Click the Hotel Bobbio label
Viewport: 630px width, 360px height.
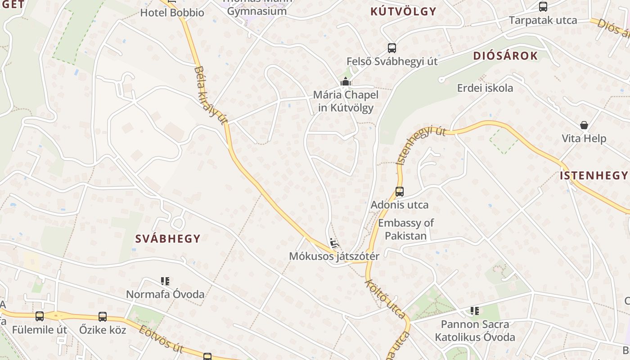172,13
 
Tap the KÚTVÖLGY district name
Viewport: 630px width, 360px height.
403,12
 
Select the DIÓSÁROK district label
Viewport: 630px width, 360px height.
505,56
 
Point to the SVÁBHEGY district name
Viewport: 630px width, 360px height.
168,239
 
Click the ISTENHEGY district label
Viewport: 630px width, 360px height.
594,175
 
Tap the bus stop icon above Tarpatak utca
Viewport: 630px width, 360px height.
543,7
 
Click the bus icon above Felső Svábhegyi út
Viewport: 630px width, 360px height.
392,48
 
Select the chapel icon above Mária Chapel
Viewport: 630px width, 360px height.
346,82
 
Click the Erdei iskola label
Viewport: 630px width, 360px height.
485,88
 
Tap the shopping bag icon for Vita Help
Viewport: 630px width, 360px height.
584,125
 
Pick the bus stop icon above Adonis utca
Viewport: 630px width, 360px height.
400,192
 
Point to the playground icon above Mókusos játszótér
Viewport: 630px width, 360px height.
334,244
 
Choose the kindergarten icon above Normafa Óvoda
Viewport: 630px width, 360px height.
165,281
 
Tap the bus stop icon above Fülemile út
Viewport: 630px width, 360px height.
40,316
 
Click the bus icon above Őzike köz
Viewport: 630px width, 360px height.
103,316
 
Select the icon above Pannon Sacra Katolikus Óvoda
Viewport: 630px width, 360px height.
475,310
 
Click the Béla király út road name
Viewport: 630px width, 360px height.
211,95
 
